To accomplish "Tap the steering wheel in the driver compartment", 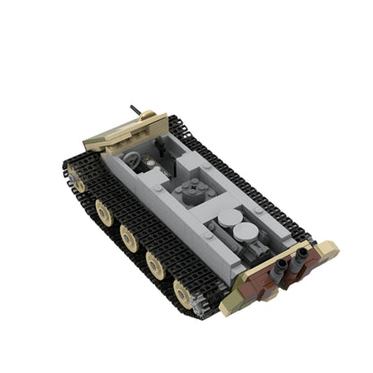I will [x=134, y=160].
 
